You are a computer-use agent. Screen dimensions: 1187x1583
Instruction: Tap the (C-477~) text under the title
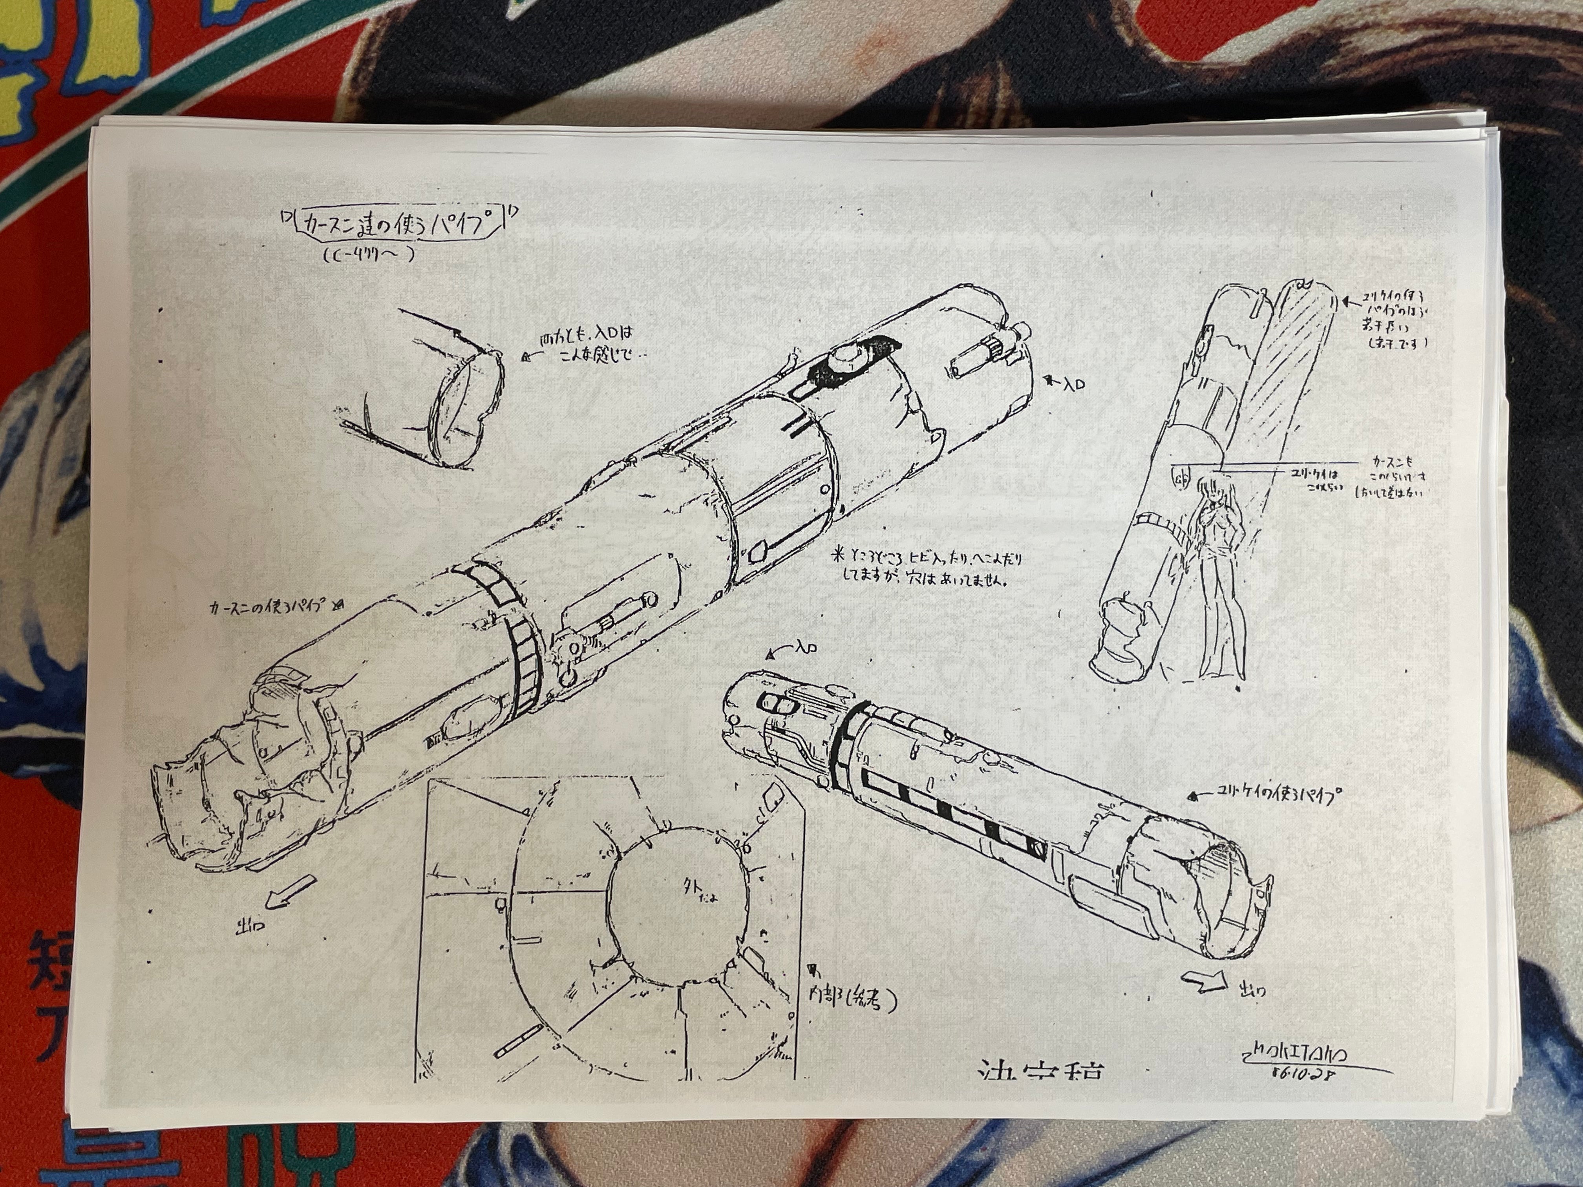[x=369, y=256]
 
